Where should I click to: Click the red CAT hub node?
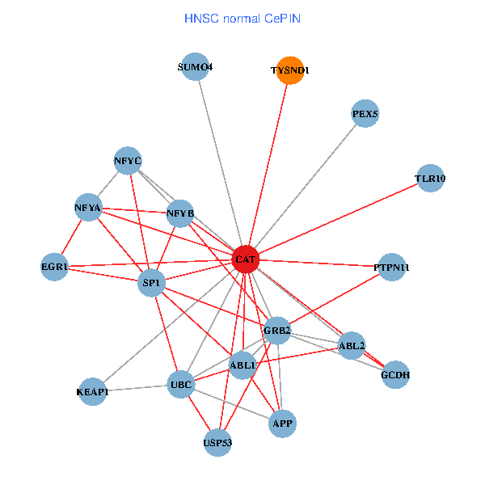[245, 259]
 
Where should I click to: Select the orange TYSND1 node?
[289, 70]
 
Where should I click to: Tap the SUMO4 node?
[195, 67]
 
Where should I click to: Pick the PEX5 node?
[365, 114]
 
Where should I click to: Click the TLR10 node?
[431, 179]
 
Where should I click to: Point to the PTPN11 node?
[392, 267]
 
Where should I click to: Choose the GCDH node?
[395, 375]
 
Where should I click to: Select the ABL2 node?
[352, 346]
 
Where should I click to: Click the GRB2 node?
[277, 330]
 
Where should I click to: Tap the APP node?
[282, 423]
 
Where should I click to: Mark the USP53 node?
[217, 442]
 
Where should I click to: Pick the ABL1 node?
[243, 365]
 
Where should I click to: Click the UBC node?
[180, 385]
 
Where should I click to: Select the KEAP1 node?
[93, 392]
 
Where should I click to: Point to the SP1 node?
[151, 282]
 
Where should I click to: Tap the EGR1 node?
[55, 266]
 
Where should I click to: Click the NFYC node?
[128, 161]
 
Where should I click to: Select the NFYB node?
[180, 214]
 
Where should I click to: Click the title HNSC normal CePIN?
[243, 18]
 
